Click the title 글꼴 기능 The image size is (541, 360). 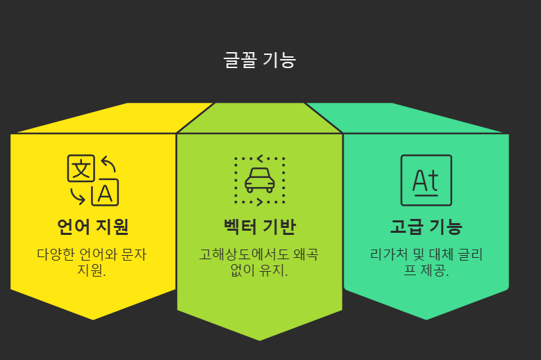tap(260, 60)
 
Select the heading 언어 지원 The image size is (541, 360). tap(93, 227)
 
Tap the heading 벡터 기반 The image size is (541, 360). tap(260, 227)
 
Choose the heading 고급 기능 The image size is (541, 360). tap(426, 227)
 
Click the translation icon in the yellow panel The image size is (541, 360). tap(92, 180)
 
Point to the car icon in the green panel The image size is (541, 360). tap(260, 180)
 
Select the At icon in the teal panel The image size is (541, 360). tap(426, 180)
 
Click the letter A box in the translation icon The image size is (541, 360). tap(105, 193)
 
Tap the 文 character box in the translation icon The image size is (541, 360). tap(81, 168)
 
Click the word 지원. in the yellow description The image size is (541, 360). tap(92, 270)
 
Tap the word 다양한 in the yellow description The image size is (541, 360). tap(56, 254)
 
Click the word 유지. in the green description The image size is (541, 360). tap(273, 270)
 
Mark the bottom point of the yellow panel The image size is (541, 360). tap(93, 319)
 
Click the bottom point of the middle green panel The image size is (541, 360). tap(260, 340)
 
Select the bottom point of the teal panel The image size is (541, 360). tap(426, 319)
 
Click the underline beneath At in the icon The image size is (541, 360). tap(426, 196)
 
